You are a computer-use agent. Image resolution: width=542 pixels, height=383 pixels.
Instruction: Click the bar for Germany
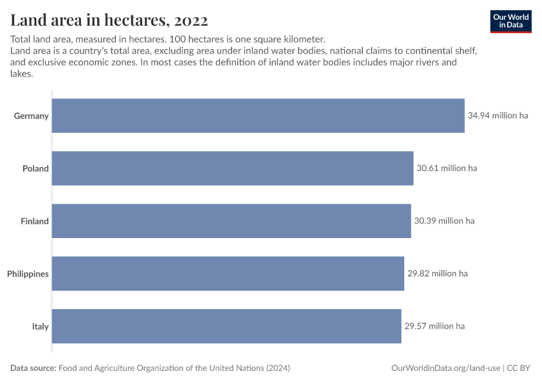point(258,116)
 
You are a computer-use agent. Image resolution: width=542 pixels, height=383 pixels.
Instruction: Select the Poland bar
point(232,169)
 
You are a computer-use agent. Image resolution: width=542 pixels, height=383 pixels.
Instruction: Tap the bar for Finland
point(231,221)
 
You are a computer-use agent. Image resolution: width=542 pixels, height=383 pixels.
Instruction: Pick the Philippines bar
point(228,274)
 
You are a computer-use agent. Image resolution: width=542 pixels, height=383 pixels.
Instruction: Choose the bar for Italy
point(226,326)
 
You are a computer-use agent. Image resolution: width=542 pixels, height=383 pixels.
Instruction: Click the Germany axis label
point(31,116)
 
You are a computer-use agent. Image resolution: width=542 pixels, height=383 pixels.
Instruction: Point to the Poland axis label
point(36,169)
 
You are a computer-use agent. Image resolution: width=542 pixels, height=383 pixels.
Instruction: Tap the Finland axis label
point(34,222)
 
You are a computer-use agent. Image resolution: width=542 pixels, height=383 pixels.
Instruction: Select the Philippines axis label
point(28,274)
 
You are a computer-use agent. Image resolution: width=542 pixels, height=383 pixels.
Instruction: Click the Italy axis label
point(40,327)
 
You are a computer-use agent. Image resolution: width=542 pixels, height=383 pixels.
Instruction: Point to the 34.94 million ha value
point(498,116)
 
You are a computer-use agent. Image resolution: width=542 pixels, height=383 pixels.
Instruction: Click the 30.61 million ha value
point(446,169)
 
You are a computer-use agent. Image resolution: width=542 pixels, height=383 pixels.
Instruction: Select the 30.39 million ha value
point(444,222)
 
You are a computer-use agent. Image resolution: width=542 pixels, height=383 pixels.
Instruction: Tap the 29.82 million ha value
point(437,274)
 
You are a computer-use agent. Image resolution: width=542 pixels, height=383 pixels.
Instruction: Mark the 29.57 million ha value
point(434,326)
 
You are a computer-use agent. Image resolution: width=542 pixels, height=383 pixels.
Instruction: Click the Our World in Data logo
point(511,21)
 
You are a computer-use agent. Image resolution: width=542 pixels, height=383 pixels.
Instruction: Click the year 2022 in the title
point(190,20)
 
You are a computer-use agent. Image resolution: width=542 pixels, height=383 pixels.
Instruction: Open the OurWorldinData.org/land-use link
point(445,368)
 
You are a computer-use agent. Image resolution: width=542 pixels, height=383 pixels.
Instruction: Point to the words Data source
point(33,368)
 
